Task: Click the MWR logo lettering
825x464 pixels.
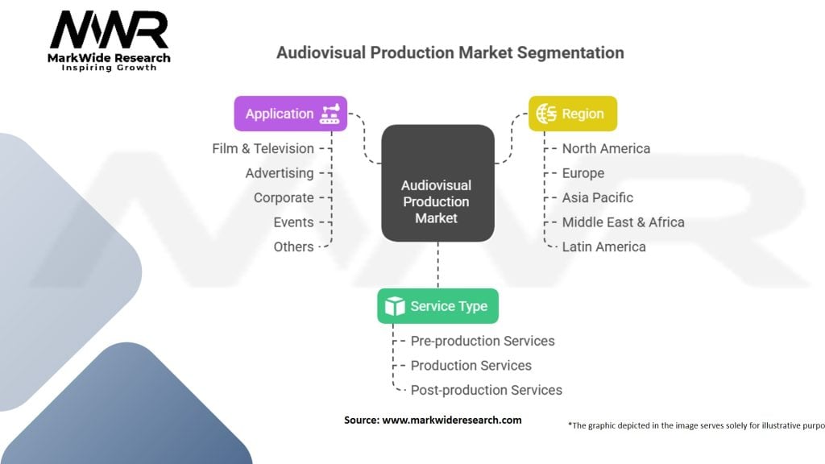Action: pyautogui.click(x=109, y=31)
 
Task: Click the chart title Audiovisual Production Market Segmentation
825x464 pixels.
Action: pyautogui.click(x=450, y=52)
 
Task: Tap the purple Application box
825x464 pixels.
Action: pyautogui.click(x=290, y=114)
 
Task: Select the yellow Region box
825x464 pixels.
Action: pyautogui.click(x=572, y=114)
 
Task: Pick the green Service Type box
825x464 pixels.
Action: pyautogui.click(x=437, y=306)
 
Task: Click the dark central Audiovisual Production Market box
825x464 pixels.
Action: pyautogui.click(x=437, y=184)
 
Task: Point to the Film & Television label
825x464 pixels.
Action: pyautogui.click(x=263, y=148)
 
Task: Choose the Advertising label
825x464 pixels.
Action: pyautogui.click(x=280, y=173)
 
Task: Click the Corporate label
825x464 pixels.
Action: pyautogui.click(x=284, y=197)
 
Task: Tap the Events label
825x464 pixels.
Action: pyautogui.click(x=293, y=222)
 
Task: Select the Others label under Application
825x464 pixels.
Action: pyautogui.click(x=293, y=246)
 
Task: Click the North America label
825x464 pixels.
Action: pyautogui.click(x=606, y=148)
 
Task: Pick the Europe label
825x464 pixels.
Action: pyautogui.click(x=582, y=173)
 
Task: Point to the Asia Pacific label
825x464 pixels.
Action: pyautogui.click(x=597, y=197)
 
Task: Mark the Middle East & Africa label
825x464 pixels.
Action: pyautogui.click(x=623, y=222)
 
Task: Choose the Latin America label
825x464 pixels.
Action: pyautogui.click(x=603, y=246)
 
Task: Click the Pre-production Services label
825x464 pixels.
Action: pyautogui.click(x=483, y=341)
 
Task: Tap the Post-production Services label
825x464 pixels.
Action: pyautogui.click(x=486, y=390)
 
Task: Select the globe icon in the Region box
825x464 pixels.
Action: pyautogui.click(x=547, y=114)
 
